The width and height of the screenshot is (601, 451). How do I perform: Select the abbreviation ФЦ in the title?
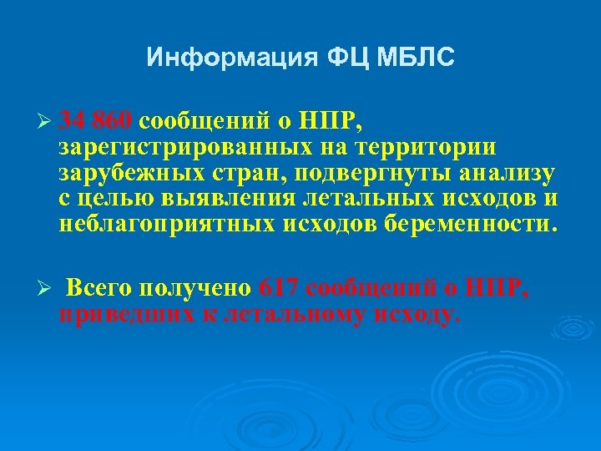[336, 58]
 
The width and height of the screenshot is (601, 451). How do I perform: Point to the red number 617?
[280, 288]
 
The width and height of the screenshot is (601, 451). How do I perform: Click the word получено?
[195, 289]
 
